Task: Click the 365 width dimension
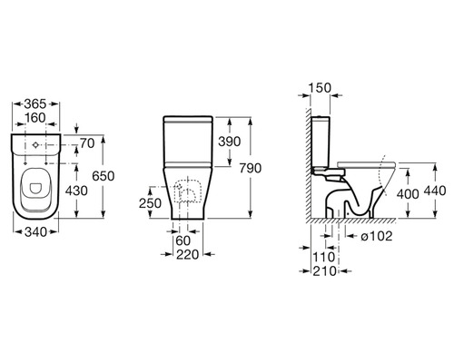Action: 35,103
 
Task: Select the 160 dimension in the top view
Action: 35,118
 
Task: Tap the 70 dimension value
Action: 87,143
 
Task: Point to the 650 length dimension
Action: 104,176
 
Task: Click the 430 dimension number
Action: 76,191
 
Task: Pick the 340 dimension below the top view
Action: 35,232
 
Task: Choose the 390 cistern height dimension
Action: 230,142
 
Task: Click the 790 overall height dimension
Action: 251,168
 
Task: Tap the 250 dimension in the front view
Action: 150,203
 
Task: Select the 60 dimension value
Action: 183,240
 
